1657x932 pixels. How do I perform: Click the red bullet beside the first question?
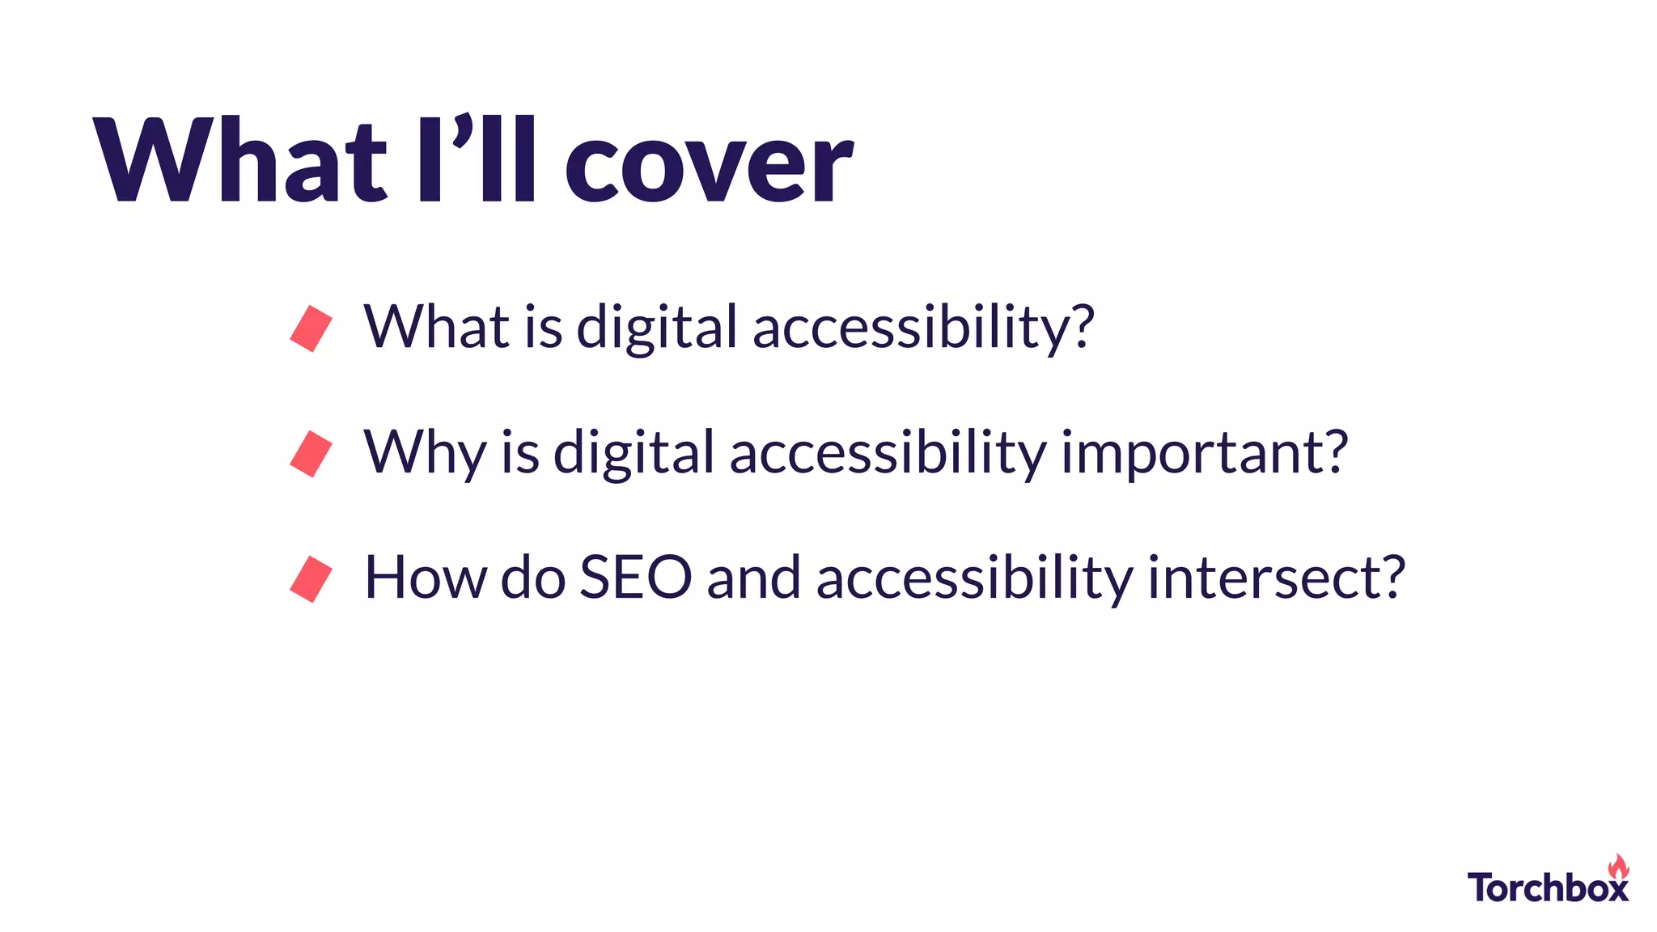point(311,328)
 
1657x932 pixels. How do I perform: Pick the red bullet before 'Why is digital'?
point(311,454)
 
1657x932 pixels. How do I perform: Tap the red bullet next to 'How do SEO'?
point(311,579)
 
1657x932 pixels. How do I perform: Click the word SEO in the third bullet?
point(636,578)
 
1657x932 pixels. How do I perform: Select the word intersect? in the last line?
point(1277,578)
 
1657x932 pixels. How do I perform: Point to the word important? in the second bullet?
point(1205,453)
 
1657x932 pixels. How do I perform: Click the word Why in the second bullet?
point(425,453)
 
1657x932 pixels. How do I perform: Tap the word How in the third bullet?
point(425,578)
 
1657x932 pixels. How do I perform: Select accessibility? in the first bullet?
point(923,328)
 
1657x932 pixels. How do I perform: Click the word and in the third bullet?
point(753,578)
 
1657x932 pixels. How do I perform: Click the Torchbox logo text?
point(1547,888)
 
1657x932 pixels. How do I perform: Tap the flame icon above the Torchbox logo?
point(1618,866)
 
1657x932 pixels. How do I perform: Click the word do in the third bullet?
point(533,578)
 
